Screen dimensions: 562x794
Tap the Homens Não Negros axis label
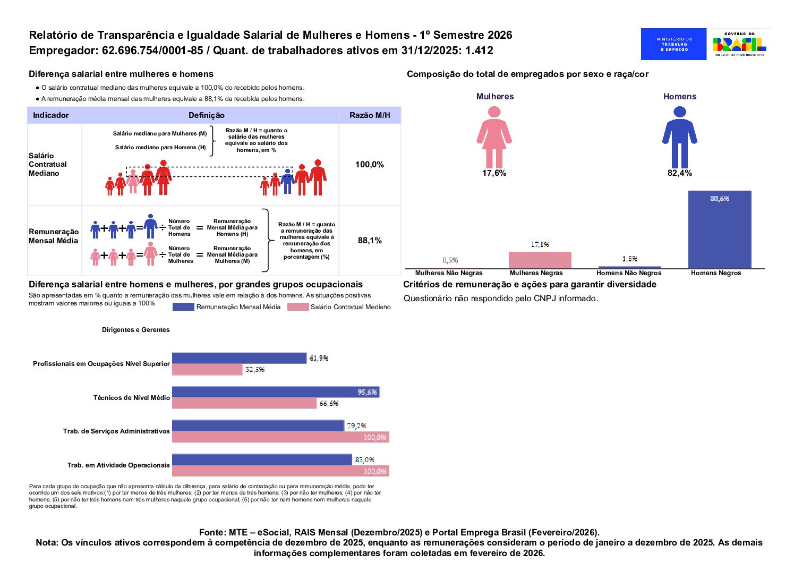(629, 273)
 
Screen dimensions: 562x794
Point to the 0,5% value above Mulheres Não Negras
(450, 260)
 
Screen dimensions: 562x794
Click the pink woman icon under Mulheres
(494, 137)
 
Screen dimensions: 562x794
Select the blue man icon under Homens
(679, 137)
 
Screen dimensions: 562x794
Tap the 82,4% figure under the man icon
(679, 173)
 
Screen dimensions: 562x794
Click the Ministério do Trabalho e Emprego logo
(673, 44)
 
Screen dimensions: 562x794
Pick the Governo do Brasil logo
(739, 44)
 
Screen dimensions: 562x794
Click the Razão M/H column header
(370, 115)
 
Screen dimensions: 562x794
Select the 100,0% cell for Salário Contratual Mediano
(370, 165)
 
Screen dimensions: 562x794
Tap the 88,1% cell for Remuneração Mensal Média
(370, 241)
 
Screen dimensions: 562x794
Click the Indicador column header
(51, 115)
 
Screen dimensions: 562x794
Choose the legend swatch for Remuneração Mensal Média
(183, 307)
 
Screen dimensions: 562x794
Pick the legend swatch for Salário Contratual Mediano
(297, 307)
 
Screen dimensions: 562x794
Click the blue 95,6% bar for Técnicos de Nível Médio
(275, 392)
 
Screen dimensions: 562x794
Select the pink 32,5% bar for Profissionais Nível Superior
(207, 370)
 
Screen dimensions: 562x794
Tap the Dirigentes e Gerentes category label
(136, 330)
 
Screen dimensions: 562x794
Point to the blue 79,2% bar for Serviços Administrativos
(258, 426)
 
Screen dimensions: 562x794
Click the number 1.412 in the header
(479, 51)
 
